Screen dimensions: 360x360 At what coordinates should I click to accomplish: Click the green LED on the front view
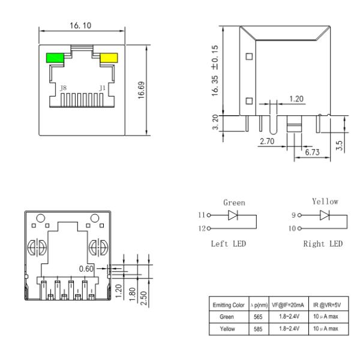(56, 58)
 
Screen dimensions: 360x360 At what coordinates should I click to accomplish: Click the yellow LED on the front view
(109, 58)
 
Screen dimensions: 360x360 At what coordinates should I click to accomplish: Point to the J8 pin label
(64, 88)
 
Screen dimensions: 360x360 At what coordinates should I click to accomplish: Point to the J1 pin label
(102, 88)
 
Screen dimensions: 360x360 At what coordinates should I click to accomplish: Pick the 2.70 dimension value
(267, 142)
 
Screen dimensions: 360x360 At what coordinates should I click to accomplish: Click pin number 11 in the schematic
(200, 214)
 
